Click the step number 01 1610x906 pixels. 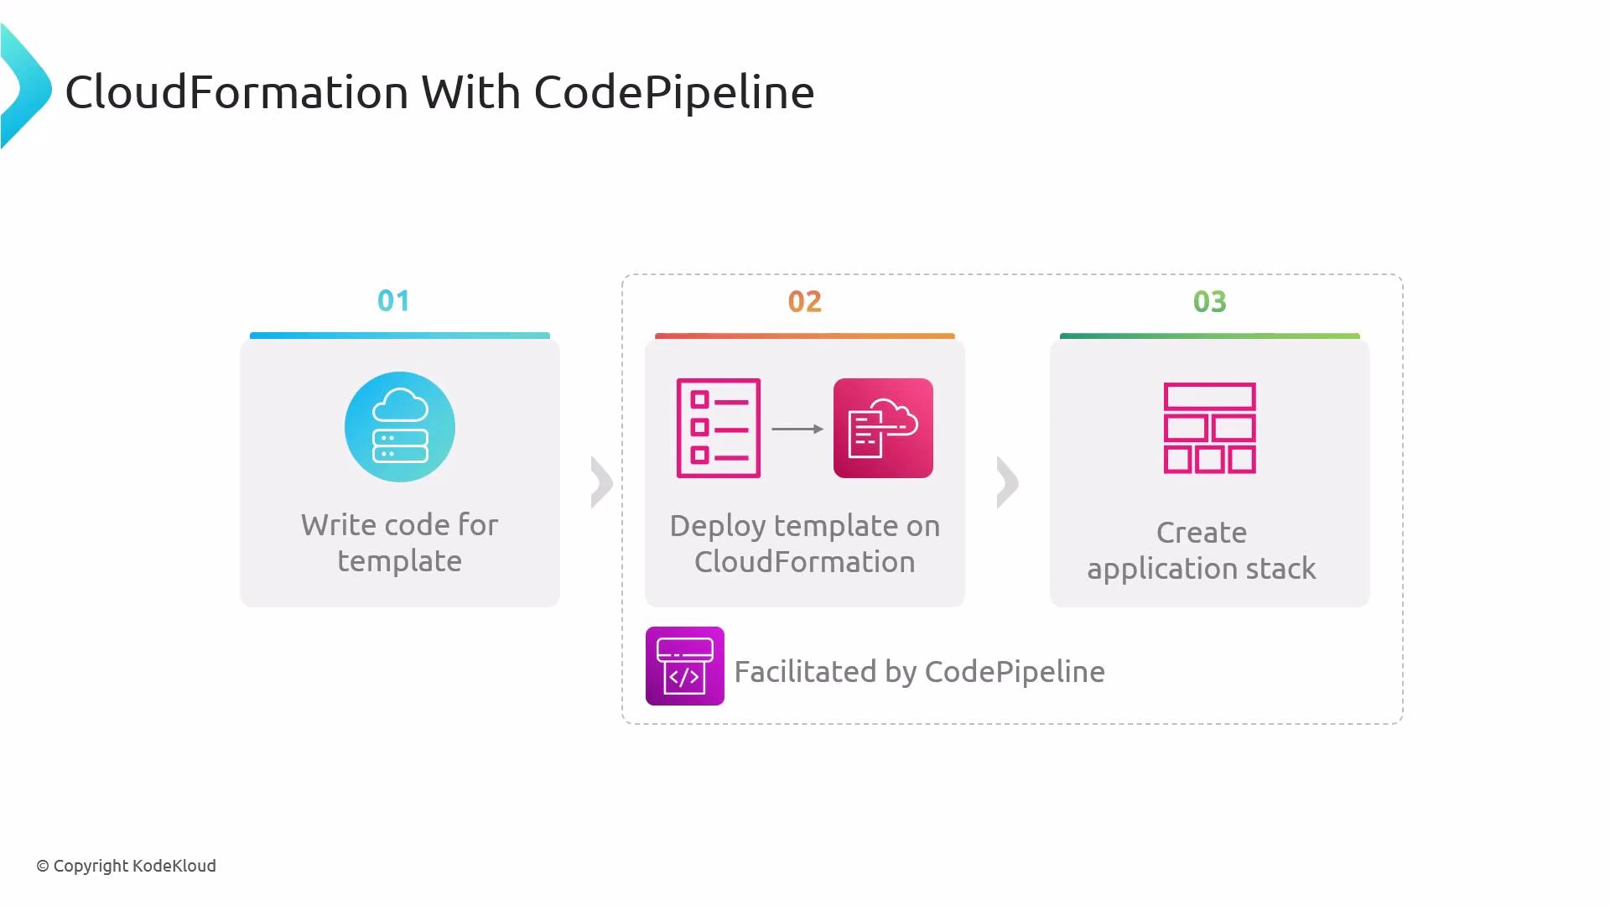click(393, 300)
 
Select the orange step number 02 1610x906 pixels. click(804, 301)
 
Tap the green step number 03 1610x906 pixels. click(1209, 301)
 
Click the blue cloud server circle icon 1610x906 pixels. click(400, 427)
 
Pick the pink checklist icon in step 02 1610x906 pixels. click(719, 428)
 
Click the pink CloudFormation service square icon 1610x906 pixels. click(883, 428)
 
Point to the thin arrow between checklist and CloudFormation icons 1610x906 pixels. click(797, 429)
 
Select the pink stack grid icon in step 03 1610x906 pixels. click(1209, 428)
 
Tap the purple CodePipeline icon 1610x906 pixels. click(684, 666)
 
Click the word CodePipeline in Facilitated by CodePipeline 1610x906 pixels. click(1014, 671)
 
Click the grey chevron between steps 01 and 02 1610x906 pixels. click(601, 482)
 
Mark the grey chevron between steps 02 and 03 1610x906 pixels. click(1007, 482)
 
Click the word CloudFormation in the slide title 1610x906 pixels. click(237, 91)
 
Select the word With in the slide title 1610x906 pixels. click(470, 91)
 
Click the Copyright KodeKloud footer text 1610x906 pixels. click(126, 866)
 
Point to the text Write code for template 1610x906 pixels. click(400, 543)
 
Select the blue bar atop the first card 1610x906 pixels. click(400, 336)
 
